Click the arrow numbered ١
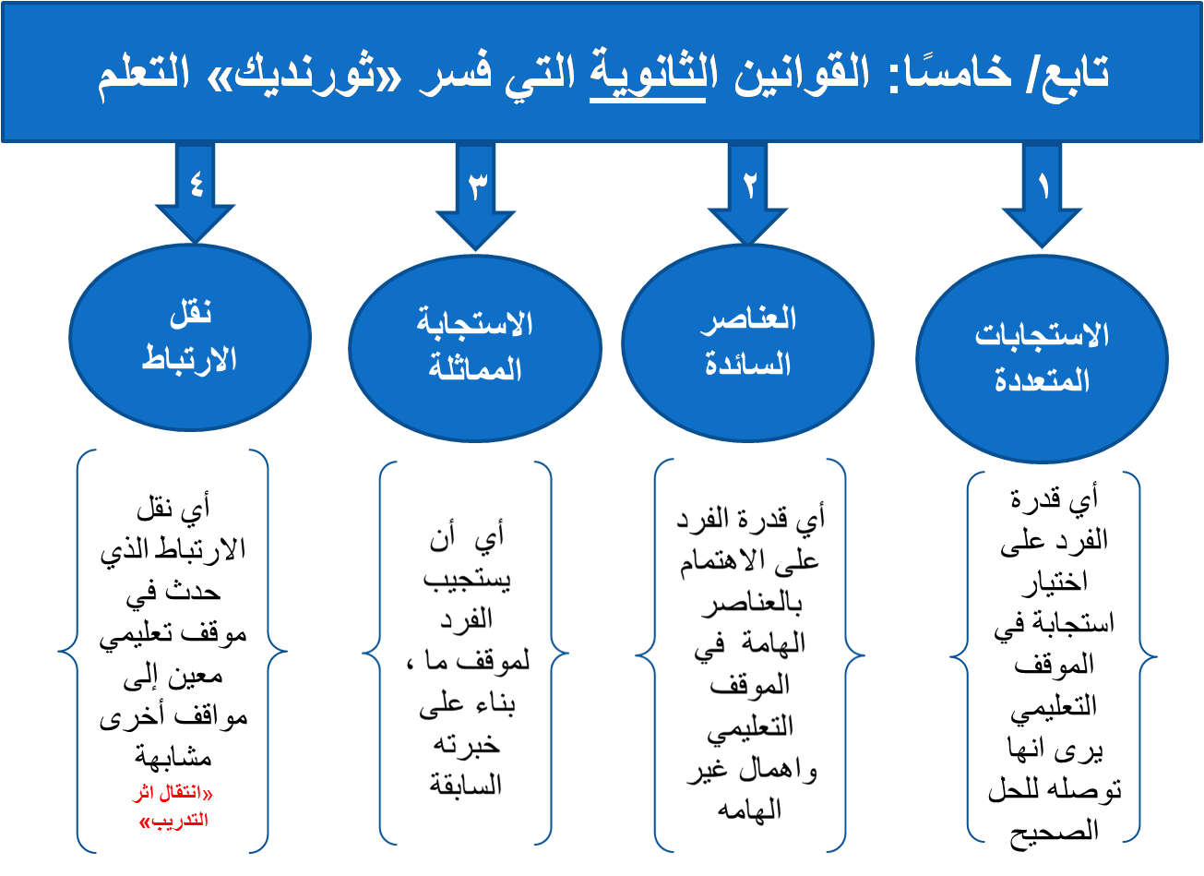click(x=1043, y=194)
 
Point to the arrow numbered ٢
click(x=749, y=192)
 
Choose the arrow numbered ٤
click(x=196, y=189)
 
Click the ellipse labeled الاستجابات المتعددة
click(x=1042, y=357)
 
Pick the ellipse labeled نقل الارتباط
click(x=190, y=337)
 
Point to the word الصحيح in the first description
click(x=1054, y=832)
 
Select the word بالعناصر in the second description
click(x=751, y=605)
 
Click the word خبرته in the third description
click(x=465, y=744)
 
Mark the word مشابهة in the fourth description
click(x=173, y=758)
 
